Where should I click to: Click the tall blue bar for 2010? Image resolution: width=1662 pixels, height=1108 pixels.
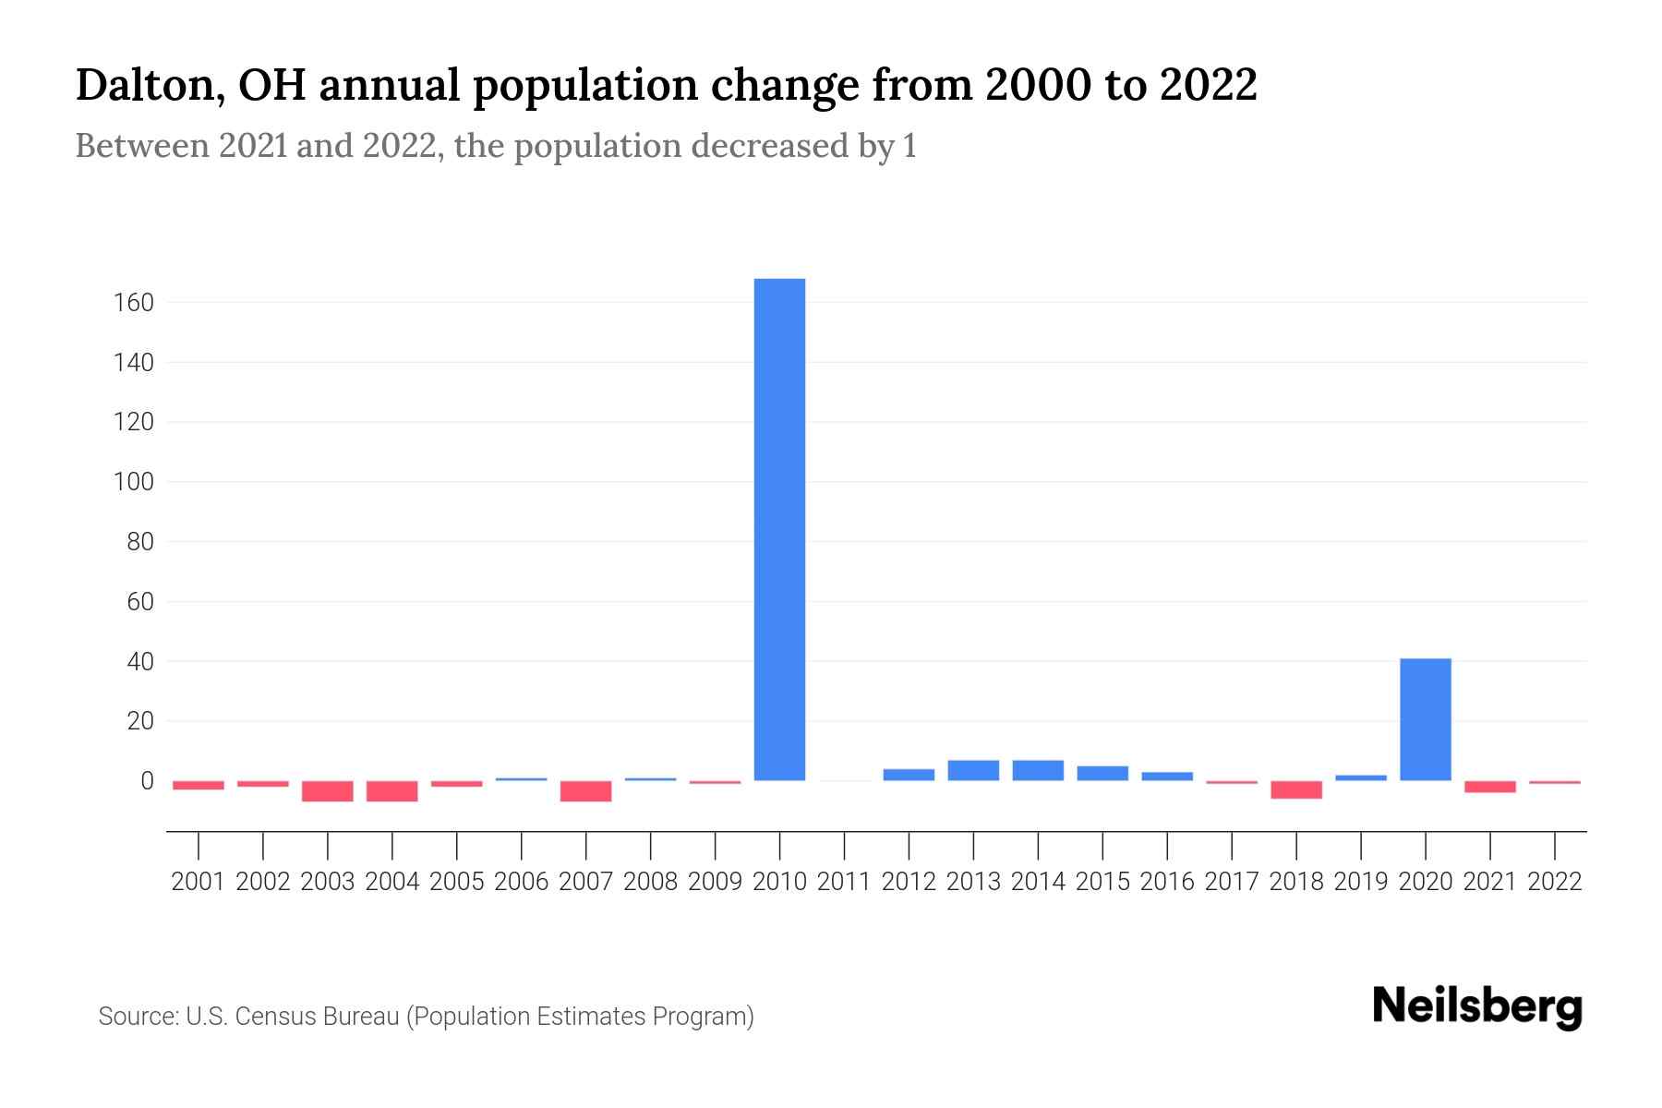tap(779, 529)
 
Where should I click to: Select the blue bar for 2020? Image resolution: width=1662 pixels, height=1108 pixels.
tap(1425, 719)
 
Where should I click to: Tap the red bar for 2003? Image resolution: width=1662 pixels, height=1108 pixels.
tap(328, 791)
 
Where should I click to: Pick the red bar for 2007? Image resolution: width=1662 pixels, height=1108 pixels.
tap(585, 791)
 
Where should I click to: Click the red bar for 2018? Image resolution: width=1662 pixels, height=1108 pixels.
tap(1295, 789)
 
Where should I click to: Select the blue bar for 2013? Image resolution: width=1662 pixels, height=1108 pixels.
tap(973, 771)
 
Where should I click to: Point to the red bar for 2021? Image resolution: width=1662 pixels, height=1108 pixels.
tap(1489, 787)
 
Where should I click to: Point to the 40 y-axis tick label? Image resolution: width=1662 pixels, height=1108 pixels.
tap(139, 662)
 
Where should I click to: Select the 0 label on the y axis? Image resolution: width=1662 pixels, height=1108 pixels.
tap(146, 781)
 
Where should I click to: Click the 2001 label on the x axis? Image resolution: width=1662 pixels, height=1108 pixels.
tap(199, 882)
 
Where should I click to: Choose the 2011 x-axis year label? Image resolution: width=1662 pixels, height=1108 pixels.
tap(844, 882)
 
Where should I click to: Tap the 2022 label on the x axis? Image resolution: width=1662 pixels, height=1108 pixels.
tap(1555, 882)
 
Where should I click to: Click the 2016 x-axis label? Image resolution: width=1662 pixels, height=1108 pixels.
tap(1167, 882)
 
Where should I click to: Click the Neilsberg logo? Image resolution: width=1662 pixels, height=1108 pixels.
tap(1476, 1007)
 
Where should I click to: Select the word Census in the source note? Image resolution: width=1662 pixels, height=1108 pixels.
tap(273, 1017)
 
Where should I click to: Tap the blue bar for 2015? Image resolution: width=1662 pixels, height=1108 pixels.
tap(1102, 774)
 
